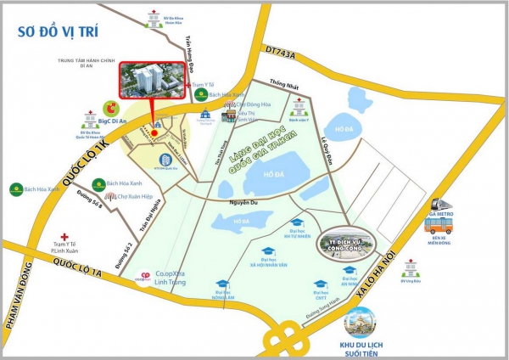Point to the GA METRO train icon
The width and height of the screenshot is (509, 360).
[x=442, y=206]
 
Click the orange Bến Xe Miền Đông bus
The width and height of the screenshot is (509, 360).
[x=442, y=227]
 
